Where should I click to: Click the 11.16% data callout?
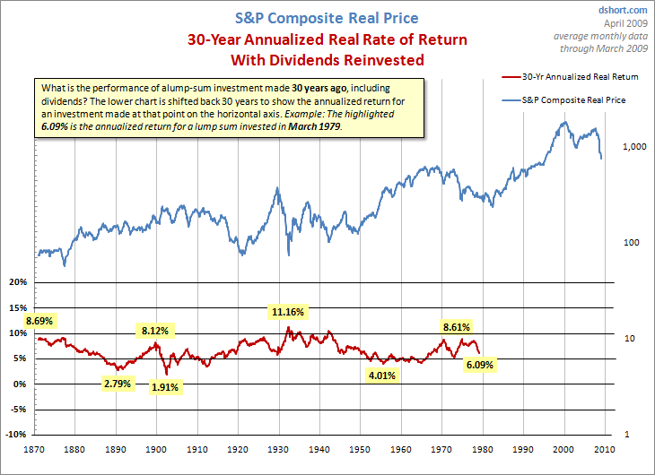pos(288,313)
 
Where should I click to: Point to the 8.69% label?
pos(41,320)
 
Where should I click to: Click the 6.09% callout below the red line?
pos(477,365)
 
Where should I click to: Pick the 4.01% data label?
pos(383,375)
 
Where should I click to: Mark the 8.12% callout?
pos(154,331)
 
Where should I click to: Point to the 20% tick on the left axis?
pos(18,282)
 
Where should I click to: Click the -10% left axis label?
pos(16,436)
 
